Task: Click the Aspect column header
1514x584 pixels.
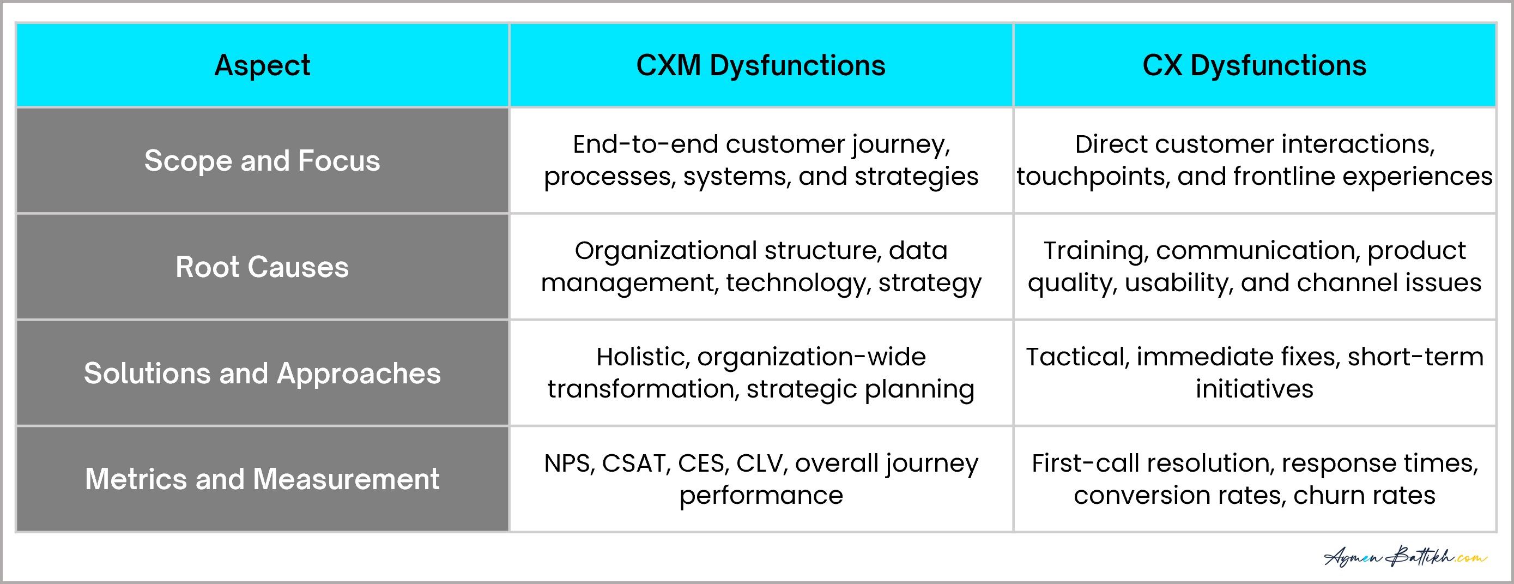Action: point(262,65)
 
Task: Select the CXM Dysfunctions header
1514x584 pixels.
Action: point(760,65)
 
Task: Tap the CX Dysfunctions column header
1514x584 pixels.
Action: point(1254,65)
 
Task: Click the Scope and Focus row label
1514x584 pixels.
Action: point(262,160)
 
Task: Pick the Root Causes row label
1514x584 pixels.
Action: point(262,267)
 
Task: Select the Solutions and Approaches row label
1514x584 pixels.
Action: point(262,374)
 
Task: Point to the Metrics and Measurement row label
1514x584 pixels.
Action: point(262,479)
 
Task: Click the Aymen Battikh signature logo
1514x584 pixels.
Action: point(1404,556)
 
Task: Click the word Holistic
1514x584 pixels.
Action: point(643,357)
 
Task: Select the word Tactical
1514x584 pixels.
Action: point(1078,357)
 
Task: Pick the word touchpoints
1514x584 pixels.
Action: point(1093,177)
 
